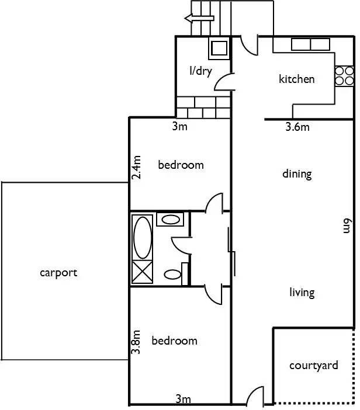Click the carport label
click(58, 273)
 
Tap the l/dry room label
click(200, 71)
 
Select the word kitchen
click(297, 79)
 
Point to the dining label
click(297, 173)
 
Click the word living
click(302, 292)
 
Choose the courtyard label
click(314, 366)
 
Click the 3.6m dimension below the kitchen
click(297, 127)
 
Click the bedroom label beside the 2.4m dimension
click(181, 165)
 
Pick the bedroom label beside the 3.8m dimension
click(174, 340)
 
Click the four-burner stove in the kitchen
click(344, 77)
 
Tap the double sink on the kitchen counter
click(311, 44)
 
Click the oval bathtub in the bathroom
click(143, 238)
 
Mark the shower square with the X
click(143, 273)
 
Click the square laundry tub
click(220, 48)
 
